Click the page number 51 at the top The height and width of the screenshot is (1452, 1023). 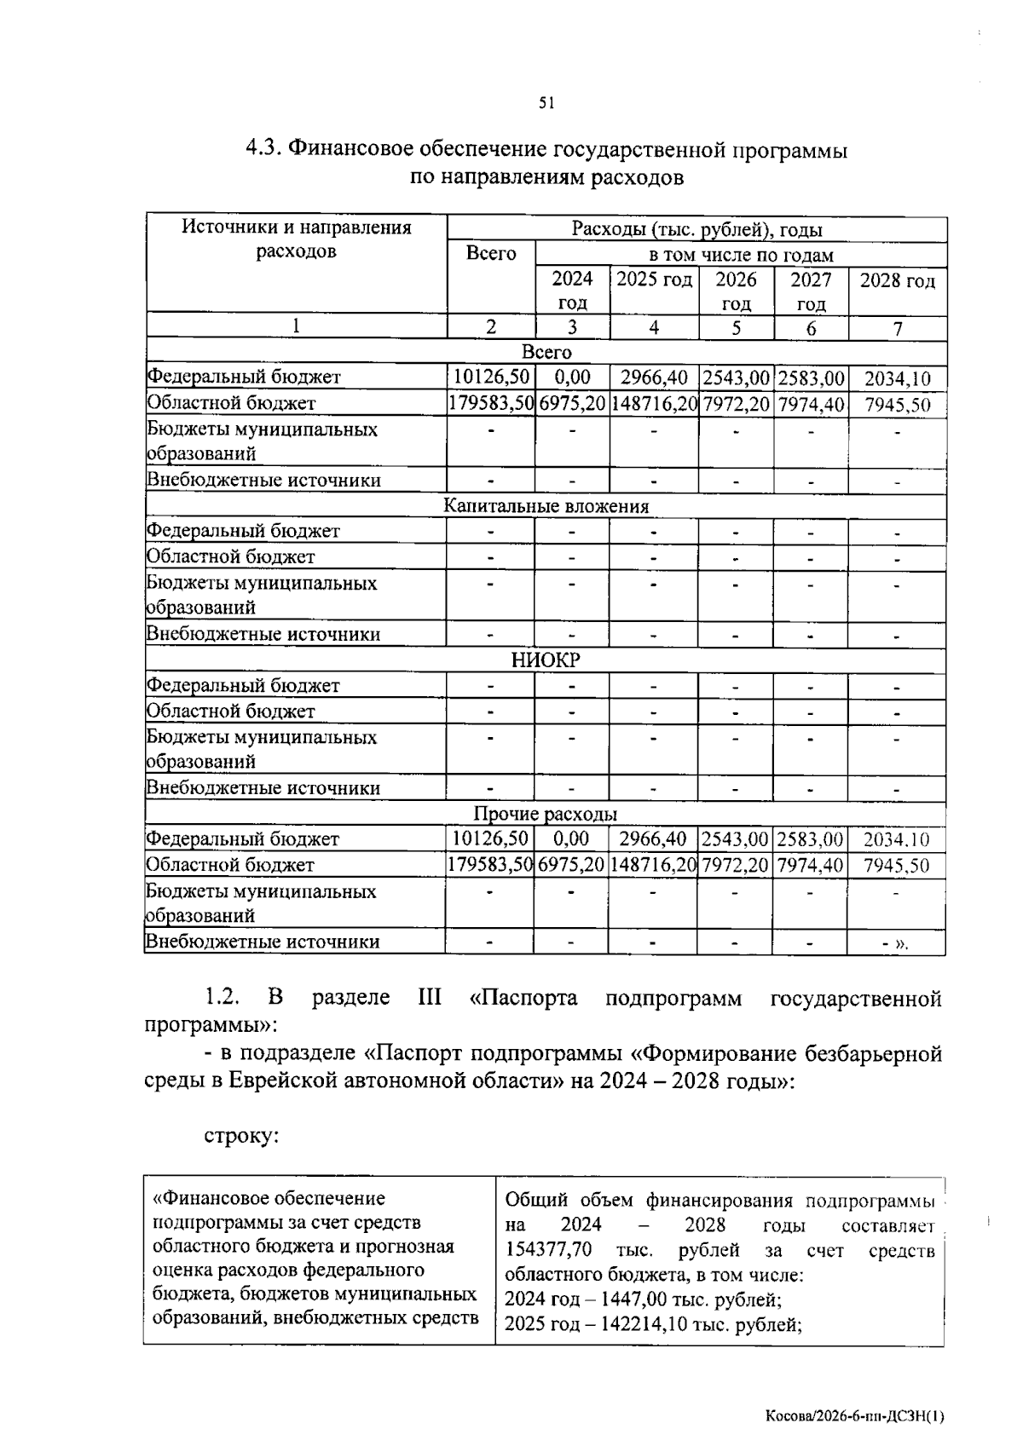546,104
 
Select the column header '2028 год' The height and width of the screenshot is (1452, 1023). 897,281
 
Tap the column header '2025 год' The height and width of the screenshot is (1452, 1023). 654,279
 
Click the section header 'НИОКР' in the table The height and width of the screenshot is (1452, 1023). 546,660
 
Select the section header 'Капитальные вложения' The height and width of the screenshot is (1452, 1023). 546,507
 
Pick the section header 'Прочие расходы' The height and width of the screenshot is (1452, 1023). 546,815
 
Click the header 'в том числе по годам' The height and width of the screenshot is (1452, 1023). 741,256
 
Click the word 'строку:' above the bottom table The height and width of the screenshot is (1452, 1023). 241,1137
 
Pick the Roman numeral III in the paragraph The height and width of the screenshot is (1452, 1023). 429,998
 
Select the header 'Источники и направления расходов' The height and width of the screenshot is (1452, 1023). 296,239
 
